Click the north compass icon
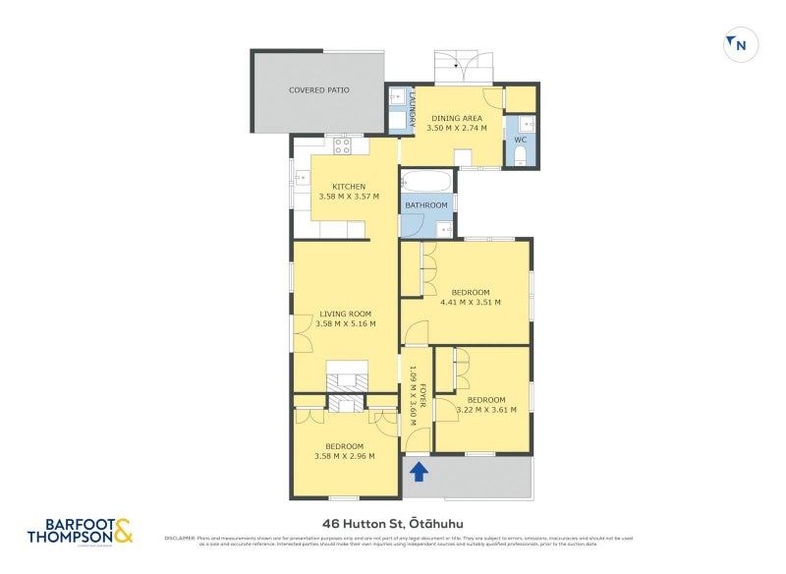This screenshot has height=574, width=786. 739,44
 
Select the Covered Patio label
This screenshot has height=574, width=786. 318,90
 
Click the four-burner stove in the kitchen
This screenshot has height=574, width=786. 342,145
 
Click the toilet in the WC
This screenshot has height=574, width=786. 522,157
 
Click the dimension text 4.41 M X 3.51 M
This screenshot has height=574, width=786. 471,303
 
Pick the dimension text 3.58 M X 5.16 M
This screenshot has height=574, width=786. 347,323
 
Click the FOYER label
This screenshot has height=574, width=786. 422,394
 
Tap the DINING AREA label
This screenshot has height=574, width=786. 457,118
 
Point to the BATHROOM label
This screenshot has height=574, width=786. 427,205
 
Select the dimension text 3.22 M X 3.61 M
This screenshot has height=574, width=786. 485,410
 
